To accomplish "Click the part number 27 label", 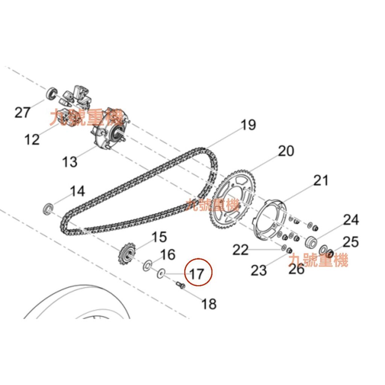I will point(23,112).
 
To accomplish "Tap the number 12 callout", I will point(32,139).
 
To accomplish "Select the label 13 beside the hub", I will point(70,162).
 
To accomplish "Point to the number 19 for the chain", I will point(248,124).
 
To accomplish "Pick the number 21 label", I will point(321,180).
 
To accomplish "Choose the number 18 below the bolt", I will point(209,304).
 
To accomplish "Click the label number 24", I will point(351,220).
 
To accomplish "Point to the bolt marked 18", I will point(179,285).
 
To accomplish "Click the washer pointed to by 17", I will point(161,273).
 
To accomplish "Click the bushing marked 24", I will point(311,242).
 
